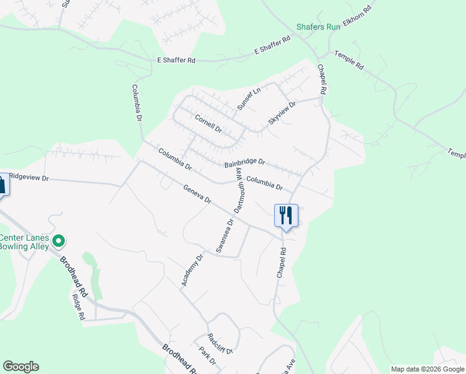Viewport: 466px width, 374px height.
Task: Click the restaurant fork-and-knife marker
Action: (x=286, y=216)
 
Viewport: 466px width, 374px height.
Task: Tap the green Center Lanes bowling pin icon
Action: (x=59, y=240)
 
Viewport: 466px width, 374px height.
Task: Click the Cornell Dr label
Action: (x=208, y=123)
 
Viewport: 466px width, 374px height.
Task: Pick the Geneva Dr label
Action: (x=197, y=194)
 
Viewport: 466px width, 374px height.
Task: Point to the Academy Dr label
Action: (x=193, y=271)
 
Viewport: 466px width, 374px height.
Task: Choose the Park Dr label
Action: (x=207, y=357)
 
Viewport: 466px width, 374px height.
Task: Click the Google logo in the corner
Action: (x=20, y=367)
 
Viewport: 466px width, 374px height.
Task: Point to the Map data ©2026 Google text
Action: (x=427, y=369)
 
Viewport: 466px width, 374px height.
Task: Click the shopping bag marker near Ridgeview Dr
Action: (x=2, y=185)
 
